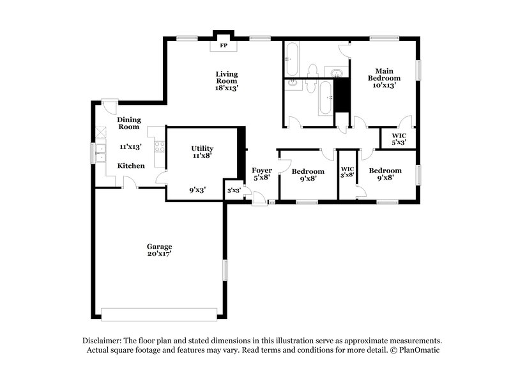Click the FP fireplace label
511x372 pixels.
point(224,46)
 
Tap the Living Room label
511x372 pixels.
point(226,77)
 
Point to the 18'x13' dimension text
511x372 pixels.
point(226,88)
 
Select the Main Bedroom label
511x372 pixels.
point(384,74)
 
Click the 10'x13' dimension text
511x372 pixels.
point(384,85)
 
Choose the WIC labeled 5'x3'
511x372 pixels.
point(399,138)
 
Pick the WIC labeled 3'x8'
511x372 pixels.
point(347,171)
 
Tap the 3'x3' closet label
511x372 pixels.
point(234,190)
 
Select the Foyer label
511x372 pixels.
point(262,171)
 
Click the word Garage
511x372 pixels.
point(159,246)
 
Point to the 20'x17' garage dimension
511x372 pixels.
point(159,254)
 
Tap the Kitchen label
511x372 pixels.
point(131,166)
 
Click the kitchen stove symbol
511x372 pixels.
point(159,146)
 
